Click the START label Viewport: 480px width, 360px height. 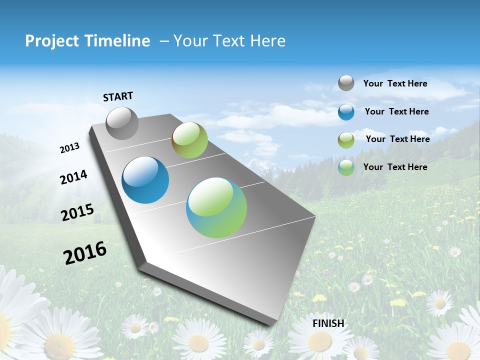tap(118, 96)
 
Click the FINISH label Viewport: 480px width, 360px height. tap(328, 323)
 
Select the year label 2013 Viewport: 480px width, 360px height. tap(69, 148)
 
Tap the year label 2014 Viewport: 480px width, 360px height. tap(73, 177)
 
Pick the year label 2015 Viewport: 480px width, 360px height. tap(77, 212)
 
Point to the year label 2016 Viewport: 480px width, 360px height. tap(85, 253)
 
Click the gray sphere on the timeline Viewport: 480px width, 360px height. tap(122, 123)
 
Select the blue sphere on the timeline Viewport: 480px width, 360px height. tap(145, 180)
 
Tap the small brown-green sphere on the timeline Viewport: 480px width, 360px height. tap(189, 140)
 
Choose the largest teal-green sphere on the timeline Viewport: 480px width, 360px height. tap(216, 207)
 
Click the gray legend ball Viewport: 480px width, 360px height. tap(346, 83)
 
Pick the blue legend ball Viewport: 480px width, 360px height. tap(346, 112)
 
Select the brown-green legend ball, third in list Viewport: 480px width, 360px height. tap(346, 140)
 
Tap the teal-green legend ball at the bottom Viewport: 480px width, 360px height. tap(346, 167)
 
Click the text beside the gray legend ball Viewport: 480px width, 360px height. tap(395, 83)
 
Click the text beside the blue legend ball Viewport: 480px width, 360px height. tap(396, 111)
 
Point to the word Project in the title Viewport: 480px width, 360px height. tap(52, 41)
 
